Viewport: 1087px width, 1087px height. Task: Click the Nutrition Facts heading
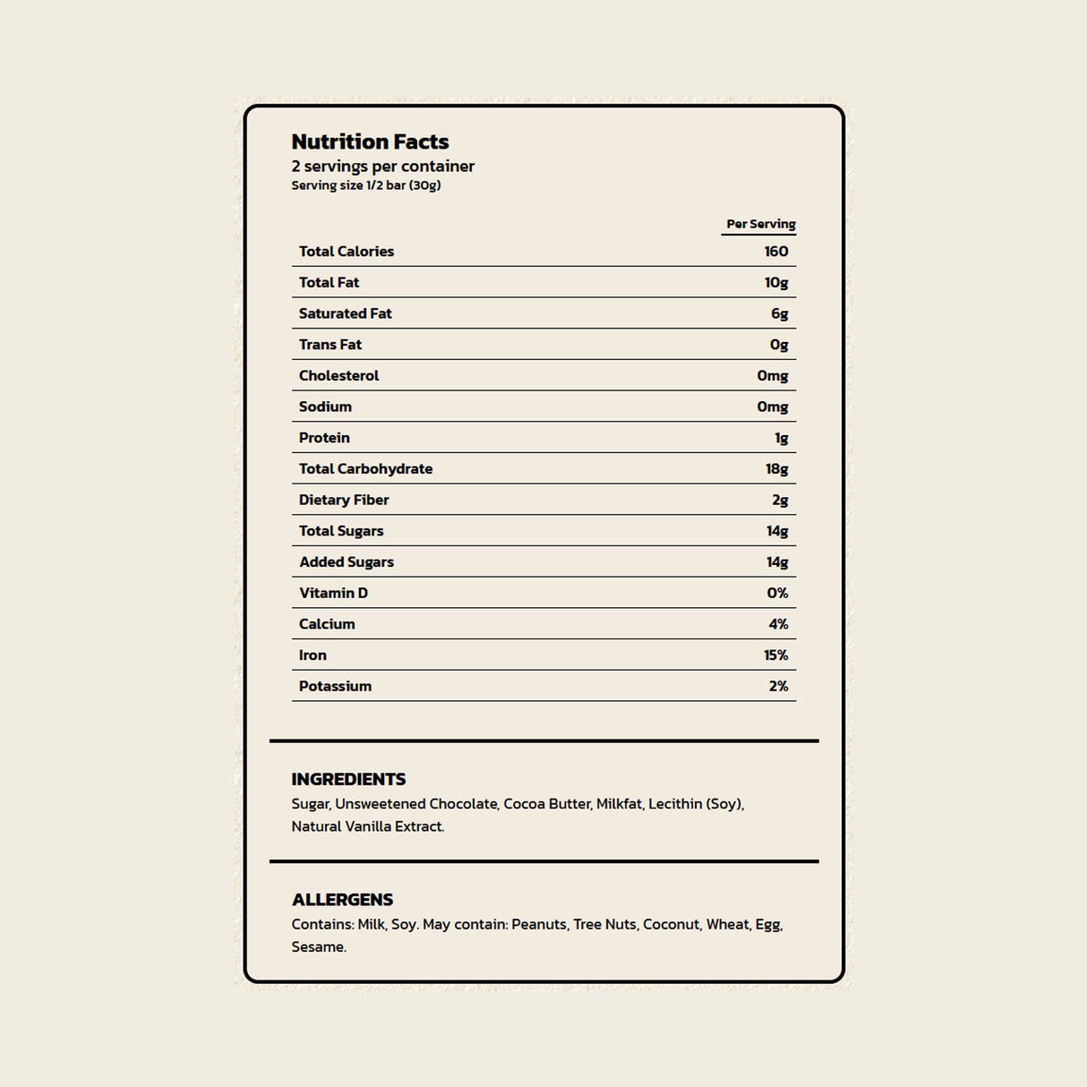click(x=370, y=141)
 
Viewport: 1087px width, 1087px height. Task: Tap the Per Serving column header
click(x=760, y=224)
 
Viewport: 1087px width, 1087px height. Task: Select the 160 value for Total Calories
click(x=776, y=252)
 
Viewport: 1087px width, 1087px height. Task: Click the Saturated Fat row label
click(x=345, y=313)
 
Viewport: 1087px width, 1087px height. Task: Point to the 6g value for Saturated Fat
click(x=779, y=313)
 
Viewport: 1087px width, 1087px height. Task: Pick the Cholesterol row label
click(x=338, y=376)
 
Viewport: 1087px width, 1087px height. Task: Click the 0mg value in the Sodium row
click(x=772, y=407)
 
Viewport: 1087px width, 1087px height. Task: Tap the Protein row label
click(x=324, y=438)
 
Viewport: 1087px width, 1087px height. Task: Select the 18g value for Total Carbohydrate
click(x=776, y=469)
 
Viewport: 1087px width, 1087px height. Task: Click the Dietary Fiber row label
click(x=344, y=500)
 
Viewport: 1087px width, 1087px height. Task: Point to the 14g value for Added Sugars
click(x=777, y=562)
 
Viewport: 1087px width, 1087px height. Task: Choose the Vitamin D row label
click(x=333, y=593)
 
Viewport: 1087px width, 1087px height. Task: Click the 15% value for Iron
click(x=775, y=655)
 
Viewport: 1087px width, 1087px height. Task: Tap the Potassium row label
click(x=335, y=687)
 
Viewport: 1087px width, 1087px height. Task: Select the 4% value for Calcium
click(x=778, y=624)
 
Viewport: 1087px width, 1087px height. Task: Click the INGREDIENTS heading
click(x=348, y=779)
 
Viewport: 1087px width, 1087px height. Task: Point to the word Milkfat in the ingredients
click(x=619, y=804)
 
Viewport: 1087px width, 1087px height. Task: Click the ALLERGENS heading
click(x=342, y=900)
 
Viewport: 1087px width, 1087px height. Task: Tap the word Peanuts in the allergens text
click(x=539, y=924)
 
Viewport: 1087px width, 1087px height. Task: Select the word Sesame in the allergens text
click(x=317, y=946)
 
